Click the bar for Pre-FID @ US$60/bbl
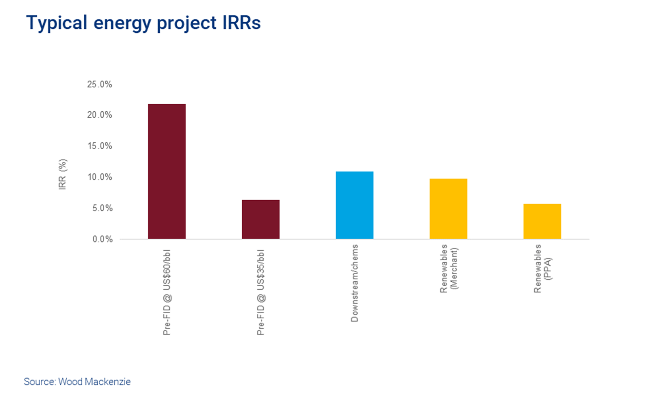167,171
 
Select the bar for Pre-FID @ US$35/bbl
260,219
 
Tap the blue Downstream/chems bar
354,205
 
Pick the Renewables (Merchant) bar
448,209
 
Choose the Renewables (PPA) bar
542,221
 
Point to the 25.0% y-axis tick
100,85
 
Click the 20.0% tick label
100,115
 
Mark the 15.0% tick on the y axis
100,146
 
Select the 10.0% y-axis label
100,177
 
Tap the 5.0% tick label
102,208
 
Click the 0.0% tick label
102,239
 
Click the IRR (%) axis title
62,174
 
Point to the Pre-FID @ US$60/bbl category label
167,293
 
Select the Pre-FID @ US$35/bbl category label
260,293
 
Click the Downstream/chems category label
354,283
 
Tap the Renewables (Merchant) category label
448,268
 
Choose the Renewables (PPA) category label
542,268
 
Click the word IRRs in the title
241,23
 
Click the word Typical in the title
57,23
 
